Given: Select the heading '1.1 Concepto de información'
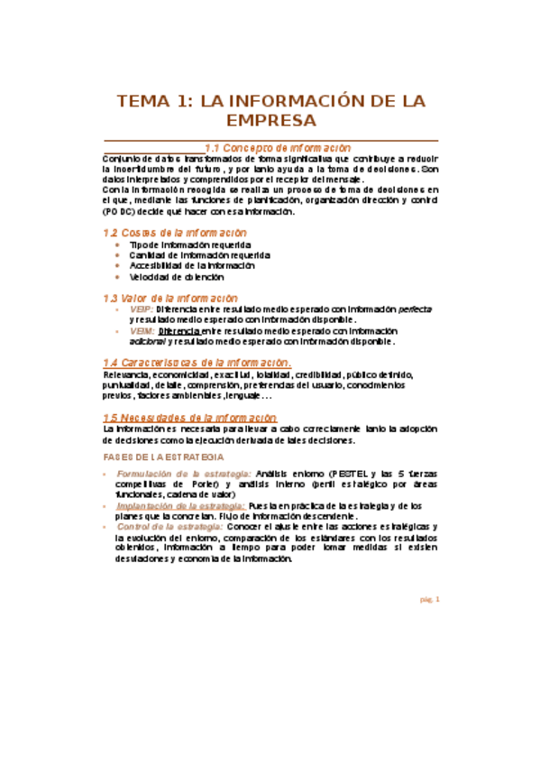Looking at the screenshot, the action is click(x=278, y=147).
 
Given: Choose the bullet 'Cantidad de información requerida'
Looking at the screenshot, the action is click(x=199, y=256).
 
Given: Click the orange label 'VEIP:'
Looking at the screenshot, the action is click(x=142, y=309).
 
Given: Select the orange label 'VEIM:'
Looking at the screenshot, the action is click(x=142, y=331).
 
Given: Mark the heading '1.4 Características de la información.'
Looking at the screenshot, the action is click(x=197, y=362).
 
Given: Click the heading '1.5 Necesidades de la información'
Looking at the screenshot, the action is click(x=189, y=418).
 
